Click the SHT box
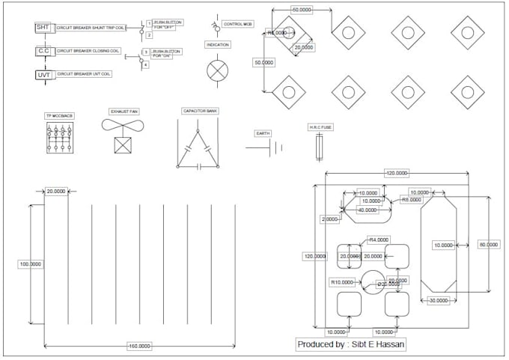[43, 27]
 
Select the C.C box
[43, 51]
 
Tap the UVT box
[43, 75]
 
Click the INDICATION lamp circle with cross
[217, 70]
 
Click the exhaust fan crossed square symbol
[124, 144]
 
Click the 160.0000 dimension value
[139, 347]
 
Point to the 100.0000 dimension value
[31, 264]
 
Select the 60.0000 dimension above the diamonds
[301, 9]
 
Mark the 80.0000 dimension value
[489, 245]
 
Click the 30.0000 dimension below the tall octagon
[438, 300]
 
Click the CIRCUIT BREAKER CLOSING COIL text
[88, 51]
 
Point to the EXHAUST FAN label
[124, 111]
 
